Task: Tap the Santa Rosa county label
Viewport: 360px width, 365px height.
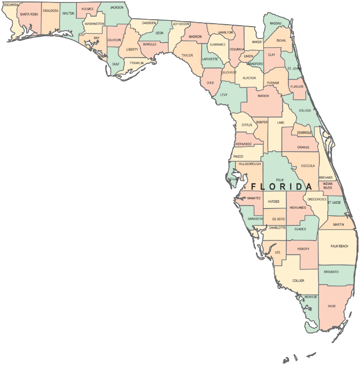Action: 29,14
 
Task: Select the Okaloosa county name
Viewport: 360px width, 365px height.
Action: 50,10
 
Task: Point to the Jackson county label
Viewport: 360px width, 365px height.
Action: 117,7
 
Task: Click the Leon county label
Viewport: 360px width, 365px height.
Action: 159,33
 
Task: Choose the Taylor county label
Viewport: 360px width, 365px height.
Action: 187,55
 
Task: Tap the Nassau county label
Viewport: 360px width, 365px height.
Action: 276,23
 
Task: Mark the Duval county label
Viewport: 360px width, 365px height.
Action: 281,40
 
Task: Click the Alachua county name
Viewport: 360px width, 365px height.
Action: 249,77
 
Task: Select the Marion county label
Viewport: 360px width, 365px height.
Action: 263,96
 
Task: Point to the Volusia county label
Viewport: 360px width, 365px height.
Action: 304,110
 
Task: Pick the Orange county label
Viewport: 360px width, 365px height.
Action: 303,147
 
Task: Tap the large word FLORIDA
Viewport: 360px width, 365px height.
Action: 282,187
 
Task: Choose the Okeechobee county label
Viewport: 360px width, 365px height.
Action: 314,199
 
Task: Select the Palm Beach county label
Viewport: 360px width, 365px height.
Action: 339,246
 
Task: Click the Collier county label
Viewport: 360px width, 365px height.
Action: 298,281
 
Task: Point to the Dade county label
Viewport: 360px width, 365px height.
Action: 332,306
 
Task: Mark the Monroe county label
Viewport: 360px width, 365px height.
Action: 311,297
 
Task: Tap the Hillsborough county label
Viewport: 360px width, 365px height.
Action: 249,164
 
